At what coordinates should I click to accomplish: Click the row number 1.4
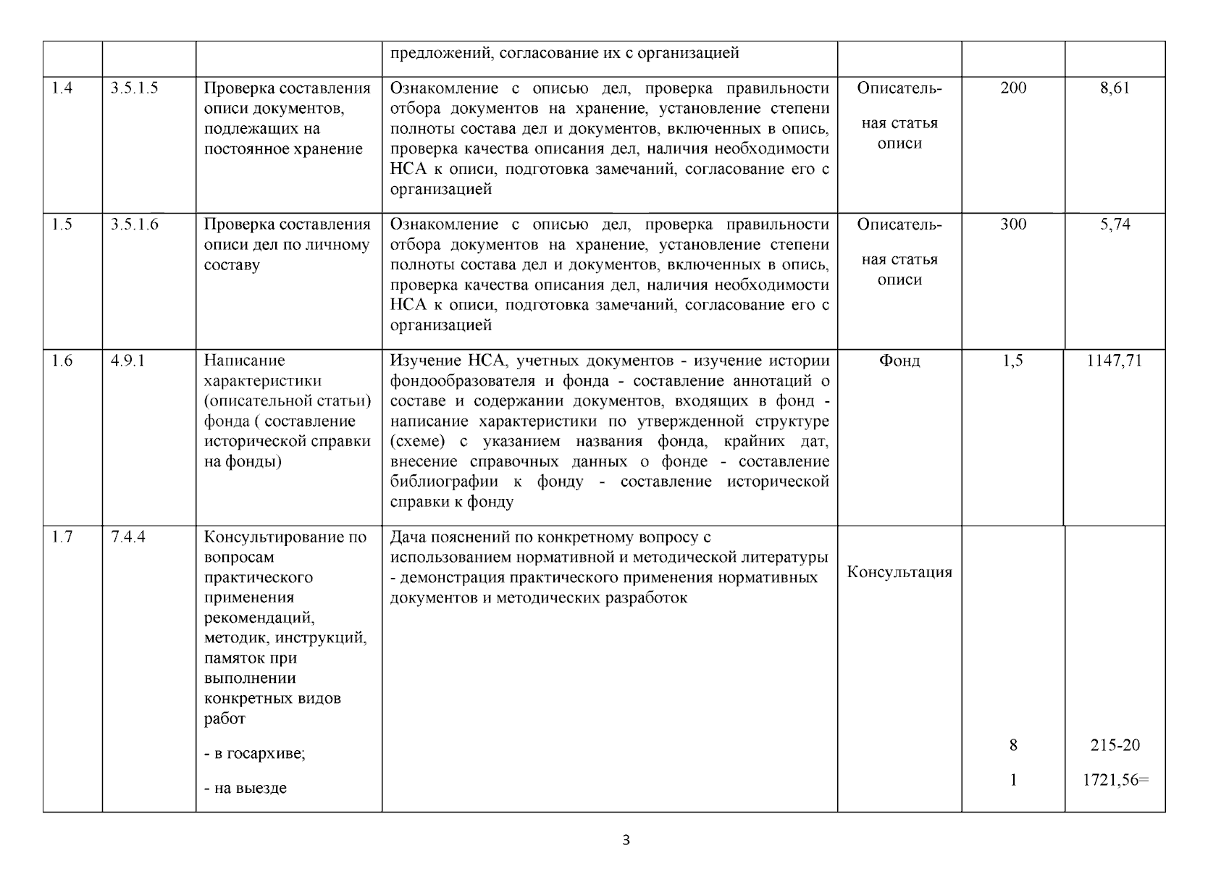point(62,88)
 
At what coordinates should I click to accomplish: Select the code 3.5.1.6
point(135,224)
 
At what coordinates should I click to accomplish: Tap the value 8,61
point(1115,88)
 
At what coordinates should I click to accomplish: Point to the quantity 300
point(1013,224)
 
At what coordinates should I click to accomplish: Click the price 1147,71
point(1115,361)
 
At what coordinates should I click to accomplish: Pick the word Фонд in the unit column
point(899,361)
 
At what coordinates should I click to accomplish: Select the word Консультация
point(899,572)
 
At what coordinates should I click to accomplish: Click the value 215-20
point(1115,745)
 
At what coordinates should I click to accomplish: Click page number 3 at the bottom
point(626,841)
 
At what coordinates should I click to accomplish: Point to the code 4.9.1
point(127,361)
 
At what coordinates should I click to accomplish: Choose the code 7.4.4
point(127,537)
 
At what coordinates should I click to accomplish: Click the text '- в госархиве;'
point(255,754)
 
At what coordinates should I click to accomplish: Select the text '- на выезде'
point(246,789)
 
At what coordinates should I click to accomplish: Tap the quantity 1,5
point(1013,361)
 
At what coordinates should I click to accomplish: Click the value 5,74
point(1115,224)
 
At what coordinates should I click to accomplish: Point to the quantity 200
point(1013,88)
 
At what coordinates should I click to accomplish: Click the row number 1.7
point(62,537)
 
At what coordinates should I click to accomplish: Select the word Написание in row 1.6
point(244,361)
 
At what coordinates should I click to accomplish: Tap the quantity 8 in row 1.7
point(1013,745)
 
